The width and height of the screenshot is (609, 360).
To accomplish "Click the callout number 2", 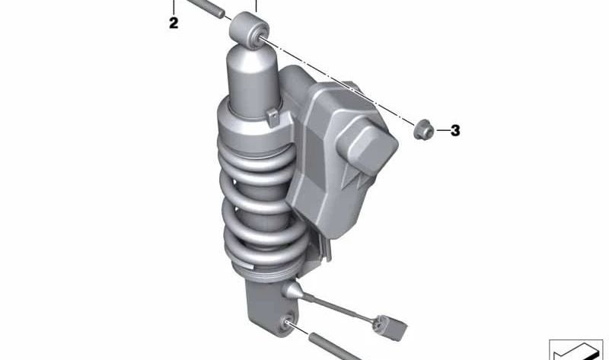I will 174,24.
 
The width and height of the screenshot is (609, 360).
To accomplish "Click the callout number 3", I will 455,131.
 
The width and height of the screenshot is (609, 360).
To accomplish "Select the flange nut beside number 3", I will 422,130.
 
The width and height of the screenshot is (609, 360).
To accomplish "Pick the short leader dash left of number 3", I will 441,131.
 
